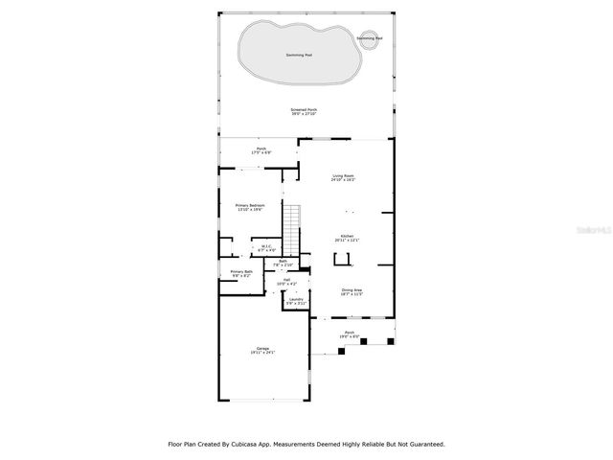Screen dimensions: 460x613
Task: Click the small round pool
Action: coord(370,38)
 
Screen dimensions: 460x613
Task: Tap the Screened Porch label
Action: coord(304,112)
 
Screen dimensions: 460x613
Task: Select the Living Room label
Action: coord(343,177)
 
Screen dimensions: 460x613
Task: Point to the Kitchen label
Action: coord(346,238)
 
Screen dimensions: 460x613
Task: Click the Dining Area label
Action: coord(352,291)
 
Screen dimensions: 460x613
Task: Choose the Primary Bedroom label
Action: coord(251,207)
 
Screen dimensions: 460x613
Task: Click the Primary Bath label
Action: coord(241,273)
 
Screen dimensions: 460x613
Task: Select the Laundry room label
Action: coord(297,302)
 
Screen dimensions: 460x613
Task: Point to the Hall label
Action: coord(286,282)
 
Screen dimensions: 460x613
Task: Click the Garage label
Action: coord(261,350)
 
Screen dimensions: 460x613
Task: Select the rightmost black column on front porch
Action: coord(390,340)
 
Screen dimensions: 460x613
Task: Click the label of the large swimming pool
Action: coord(300,55)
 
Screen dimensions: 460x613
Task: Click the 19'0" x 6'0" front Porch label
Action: coord(350,334)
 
